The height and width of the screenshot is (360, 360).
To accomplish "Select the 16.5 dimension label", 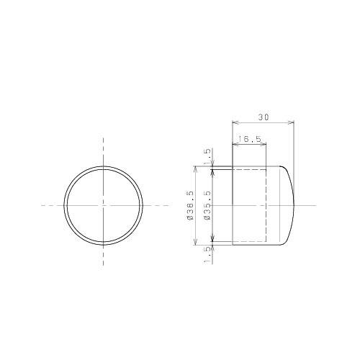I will pyautogui.click(x=249, y=138).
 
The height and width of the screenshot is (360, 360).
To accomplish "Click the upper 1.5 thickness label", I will pyautogui.click(x=207, y=155).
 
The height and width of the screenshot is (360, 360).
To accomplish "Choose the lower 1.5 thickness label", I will pyautogui.click(x=207, y=253).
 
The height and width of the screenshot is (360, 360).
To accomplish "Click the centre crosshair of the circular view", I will pyautogui.click(x=103, y=205).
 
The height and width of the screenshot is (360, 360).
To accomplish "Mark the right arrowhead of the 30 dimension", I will pyautogui.click(x=294, y=122).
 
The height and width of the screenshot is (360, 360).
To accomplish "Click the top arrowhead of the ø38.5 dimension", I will pyautogui.click(x=195, y=167).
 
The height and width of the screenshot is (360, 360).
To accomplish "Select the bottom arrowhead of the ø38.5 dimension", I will pyautogui.click(x=195, y=245).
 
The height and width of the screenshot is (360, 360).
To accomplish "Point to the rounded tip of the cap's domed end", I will pyautogui.click(x=294, y=205).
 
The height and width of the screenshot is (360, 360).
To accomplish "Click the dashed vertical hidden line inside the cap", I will pyautogui.click(x=266, y=205).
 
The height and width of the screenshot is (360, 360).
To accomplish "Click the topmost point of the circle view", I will pyautogui.click(x=103, y=166).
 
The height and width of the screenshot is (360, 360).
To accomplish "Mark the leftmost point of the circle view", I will pyautogui.click(x=64, y=205).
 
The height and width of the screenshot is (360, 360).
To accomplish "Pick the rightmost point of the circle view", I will pyautogui.click(x=142, y=205).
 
